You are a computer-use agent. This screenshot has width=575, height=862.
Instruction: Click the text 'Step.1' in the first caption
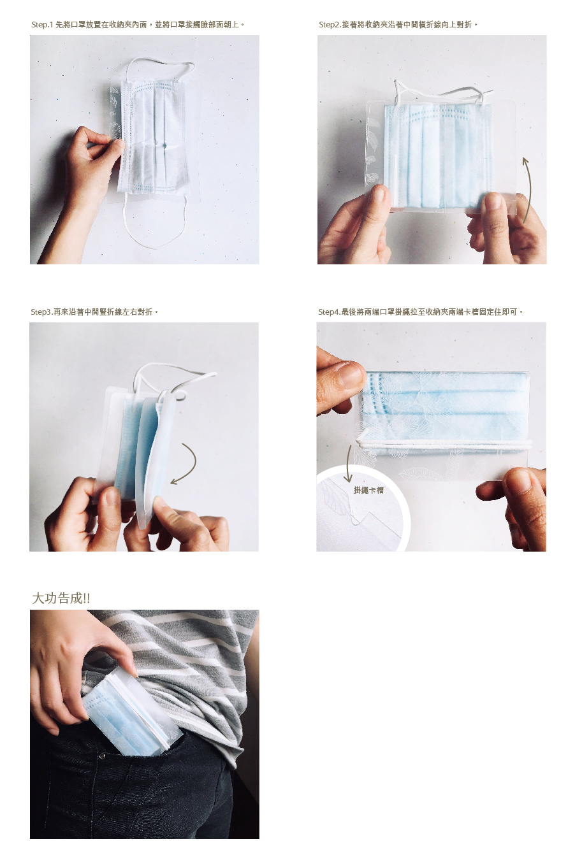point(42,25)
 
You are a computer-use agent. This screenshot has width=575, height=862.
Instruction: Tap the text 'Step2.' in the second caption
point(330,25)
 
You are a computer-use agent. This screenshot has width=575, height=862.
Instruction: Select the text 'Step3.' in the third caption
point(41,312)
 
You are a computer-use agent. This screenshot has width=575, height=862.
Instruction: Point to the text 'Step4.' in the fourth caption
point(330,312)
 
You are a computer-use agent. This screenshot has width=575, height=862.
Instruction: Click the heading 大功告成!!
point(61,598)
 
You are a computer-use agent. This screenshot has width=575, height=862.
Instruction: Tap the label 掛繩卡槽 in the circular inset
point(368,490)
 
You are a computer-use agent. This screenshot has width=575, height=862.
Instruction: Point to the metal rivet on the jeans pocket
point(102,756)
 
